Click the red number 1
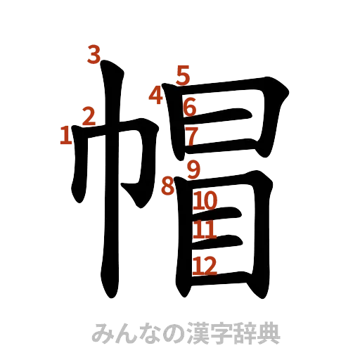coord(65,134)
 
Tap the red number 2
coord(89,115)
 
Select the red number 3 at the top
coord(93,55)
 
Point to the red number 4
coord(156,95)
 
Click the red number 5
coord(183,75)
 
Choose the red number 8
coord(167,186)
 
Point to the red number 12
coord(204,264)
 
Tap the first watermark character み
coord(103,333)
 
